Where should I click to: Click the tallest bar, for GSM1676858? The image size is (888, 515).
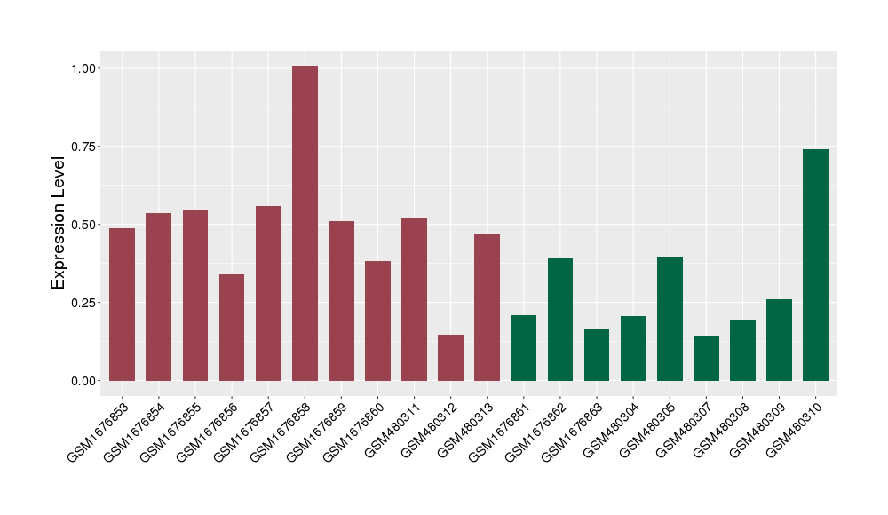click(305, 223)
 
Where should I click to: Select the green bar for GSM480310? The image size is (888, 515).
click(815, 265)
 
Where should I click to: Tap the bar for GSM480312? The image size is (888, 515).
click(450, 358)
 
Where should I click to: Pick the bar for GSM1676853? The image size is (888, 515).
click(122, 305)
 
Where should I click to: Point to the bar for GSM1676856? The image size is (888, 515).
click(232, 328)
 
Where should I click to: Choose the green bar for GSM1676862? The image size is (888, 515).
click(560, 320)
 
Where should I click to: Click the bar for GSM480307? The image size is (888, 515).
click(706, 359)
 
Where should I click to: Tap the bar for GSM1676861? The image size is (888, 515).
click(524, 348)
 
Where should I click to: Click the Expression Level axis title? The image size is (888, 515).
click(59, 223)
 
